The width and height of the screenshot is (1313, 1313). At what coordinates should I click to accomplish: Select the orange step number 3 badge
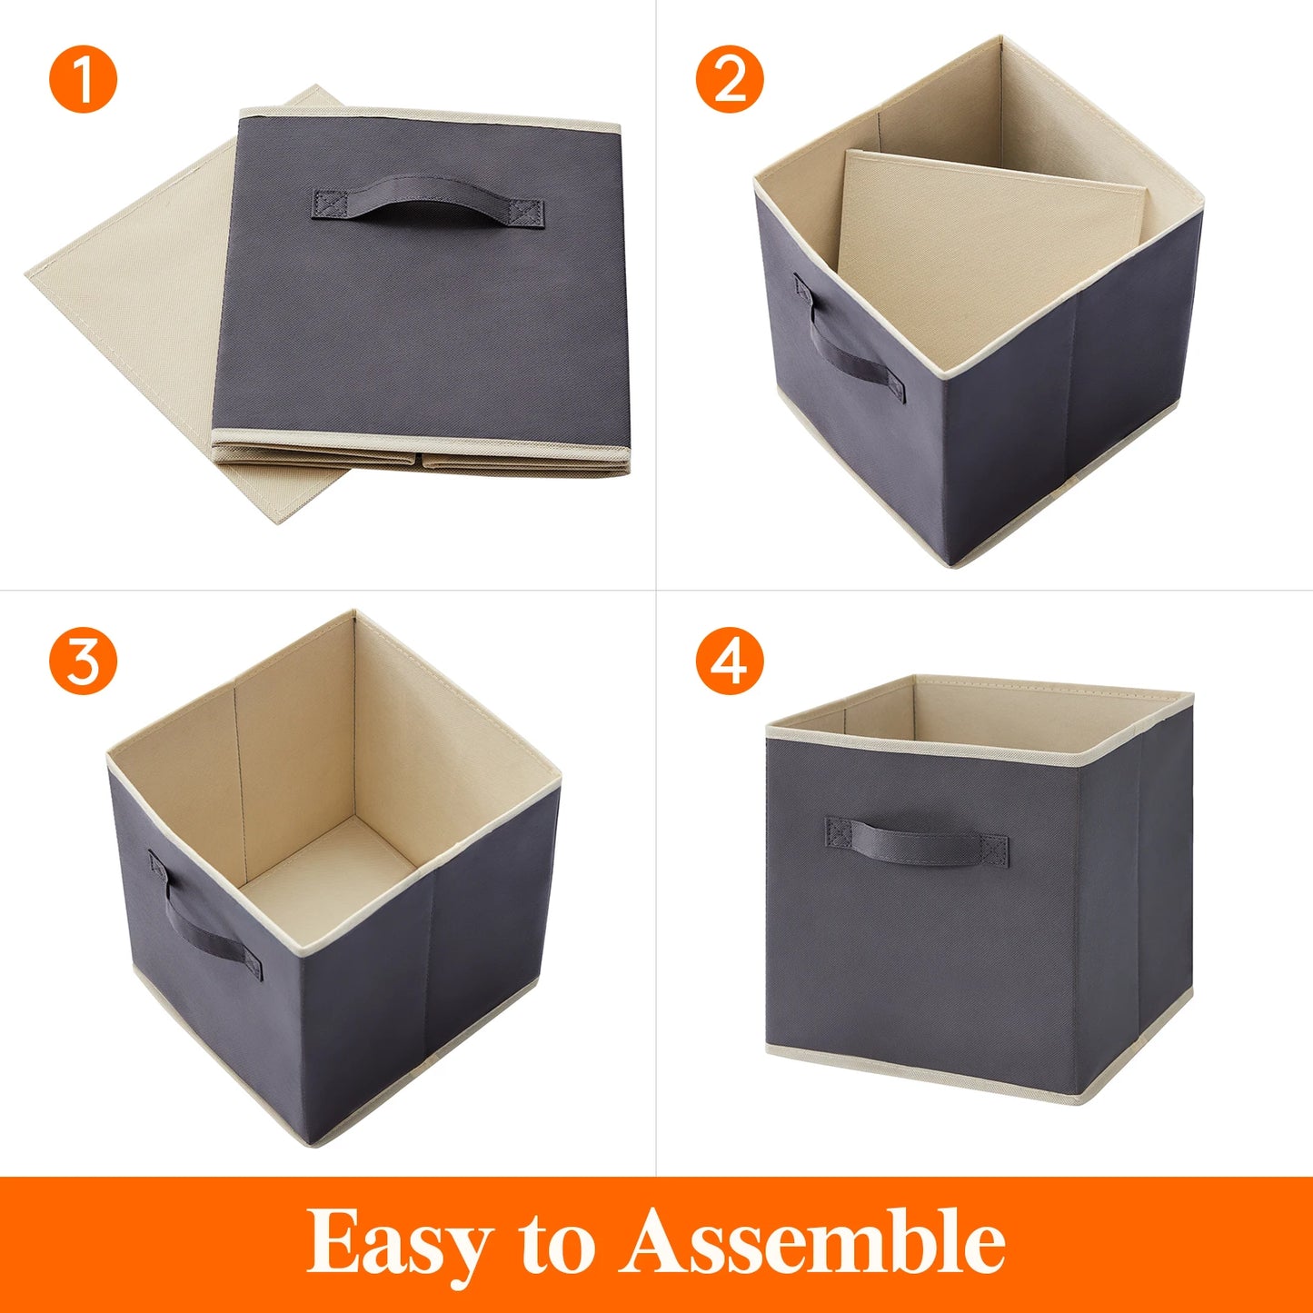click(x=84, y=661)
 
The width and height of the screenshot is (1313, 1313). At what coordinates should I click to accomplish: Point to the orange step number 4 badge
click(x=730, y=661)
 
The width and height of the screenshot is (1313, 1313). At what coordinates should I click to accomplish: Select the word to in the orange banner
click(x=557, y=1242)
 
